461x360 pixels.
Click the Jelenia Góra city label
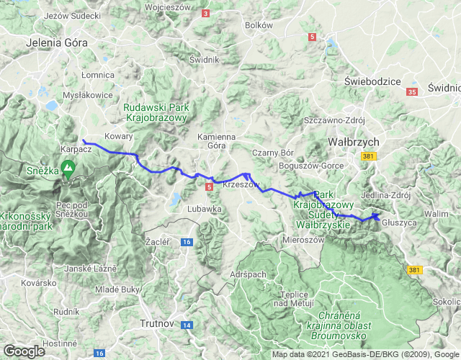coord(56,42)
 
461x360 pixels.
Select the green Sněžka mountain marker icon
coord(68,171)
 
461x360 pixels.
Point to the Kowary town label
coord(119,135)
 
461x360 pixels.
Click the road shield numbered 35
coord(412,92)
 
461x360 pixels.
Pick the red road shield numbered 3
coord(206,13)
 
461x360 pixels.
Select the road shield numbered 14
coord(187,325)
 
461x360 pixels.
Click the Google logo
coord(24,351)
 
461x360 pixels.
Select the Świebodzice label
coord(373,81)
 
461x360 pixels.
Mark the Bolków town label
coord(259,24)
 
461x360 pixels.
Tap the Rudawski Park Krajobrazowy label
coord(156,112)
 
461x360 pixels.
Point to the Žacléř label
coord(157,241)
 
